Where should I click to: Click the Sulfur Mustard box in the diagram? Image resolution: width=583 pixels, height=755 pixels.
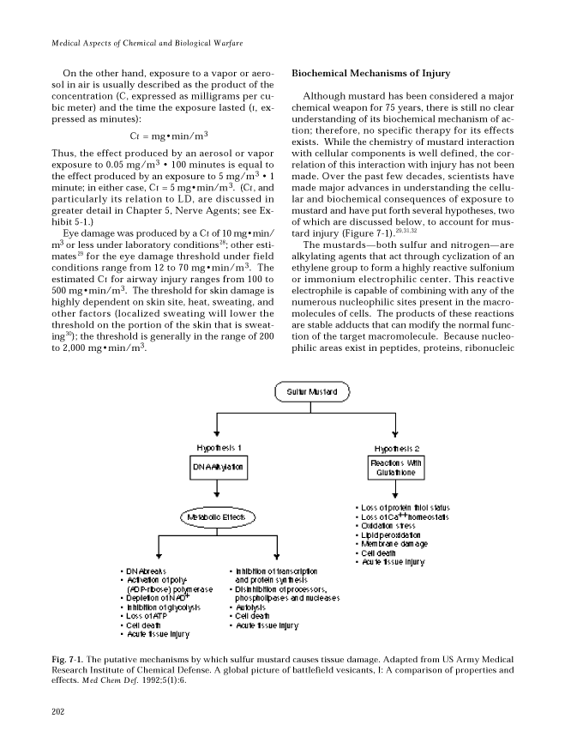click(306, 393)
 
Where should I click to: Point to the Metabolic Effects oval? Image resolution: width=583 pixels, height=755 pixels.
click(215, 517)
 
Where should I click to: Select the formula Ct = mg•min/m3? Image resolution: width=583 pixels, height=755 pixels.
click(170, 135)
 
